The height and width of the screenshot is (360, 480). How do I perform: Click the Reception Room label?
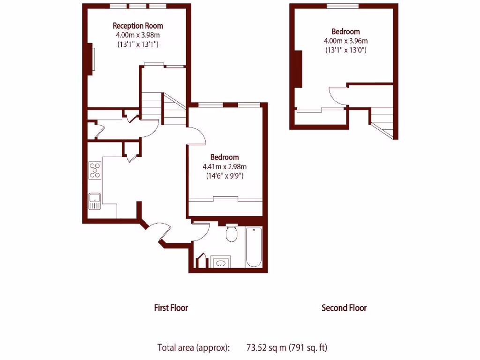(x=138, y=26)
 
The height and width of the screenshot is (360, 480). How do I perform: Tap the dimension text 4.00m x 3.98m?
(x=138, y=35)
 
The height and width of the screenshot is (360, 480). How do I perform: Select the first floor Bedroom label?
(x=225, y=157)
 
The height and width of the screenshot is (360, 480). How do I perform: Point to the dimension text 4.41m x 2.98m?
(x=225, y=167)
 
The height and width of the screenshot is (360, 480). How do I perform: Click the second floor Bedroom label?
(x=346, y=32)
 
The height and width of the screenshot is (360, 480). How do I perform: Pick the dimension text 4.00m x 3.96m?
(x=346, y=41)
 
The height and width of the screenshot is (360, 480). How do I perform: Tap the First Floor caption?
(x=171, y=308)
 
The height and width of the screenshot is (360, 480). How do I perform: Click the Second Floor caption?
(x=344, y=308)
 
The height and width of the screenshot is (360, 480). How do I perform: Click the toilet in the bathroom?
(x=231, y=233)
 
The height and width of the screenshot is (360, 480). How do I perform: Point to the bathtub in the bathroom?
(x=253, y=247)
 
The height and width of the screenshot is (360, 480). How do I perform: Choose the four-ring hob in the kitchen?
(x=95, y=170)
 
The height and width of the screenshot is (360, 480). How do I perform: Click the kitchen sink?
(x=95, y=201)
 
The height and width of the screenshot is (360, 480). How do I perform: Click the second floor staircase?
(x=383, y=121)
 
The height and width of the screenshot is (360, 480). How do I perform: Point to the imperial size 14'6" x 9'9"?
(x=225, y=176)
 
